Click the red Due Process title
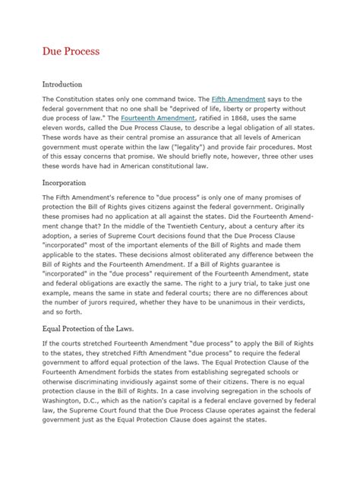tap(70, 52)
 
